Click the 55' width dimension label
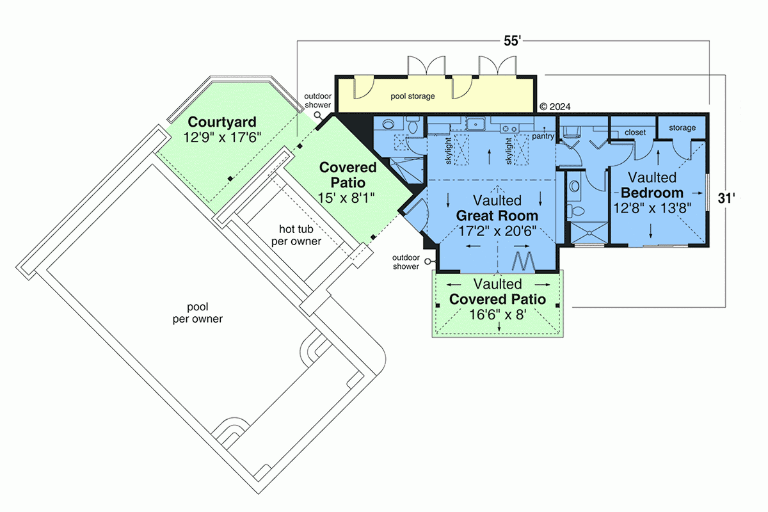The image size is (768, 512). tap(512, 41)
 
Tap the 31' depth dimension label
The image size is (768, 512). tap(726, 198)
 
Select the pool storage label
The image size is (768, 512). tap(412, 97)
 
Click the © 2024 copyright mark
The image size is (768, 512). tap(555, 107)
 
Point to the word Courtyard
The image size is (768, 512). tap(222, 122)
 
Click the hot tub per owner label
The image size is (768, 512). tap(296, 235)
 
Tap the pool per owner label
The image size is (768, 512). tap(198, 313)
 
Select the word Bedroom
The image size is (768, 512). tap(652, 193)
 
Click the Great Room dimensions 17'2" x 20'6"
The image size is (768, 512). tap(497, 231)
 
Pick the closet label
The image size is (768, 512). tap(635, 132)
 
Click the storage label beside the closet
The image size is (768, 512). tap(682, 128)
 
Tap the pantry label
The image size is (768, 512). tap(543, 136)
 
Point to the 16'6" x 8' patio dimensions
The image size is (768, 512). tap(497, 314)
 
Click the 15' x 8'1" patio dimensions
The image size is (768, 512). tap(346, 198)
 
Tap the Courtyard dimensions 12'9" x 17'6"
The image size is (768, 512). tap(222, 138)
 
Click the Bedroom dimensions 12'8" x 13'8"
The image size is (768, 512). tap(652, 208)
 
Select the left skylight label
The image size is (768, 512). tap(449, 151)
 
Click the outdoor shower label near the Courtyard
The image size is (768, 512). tap(318, 100)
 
